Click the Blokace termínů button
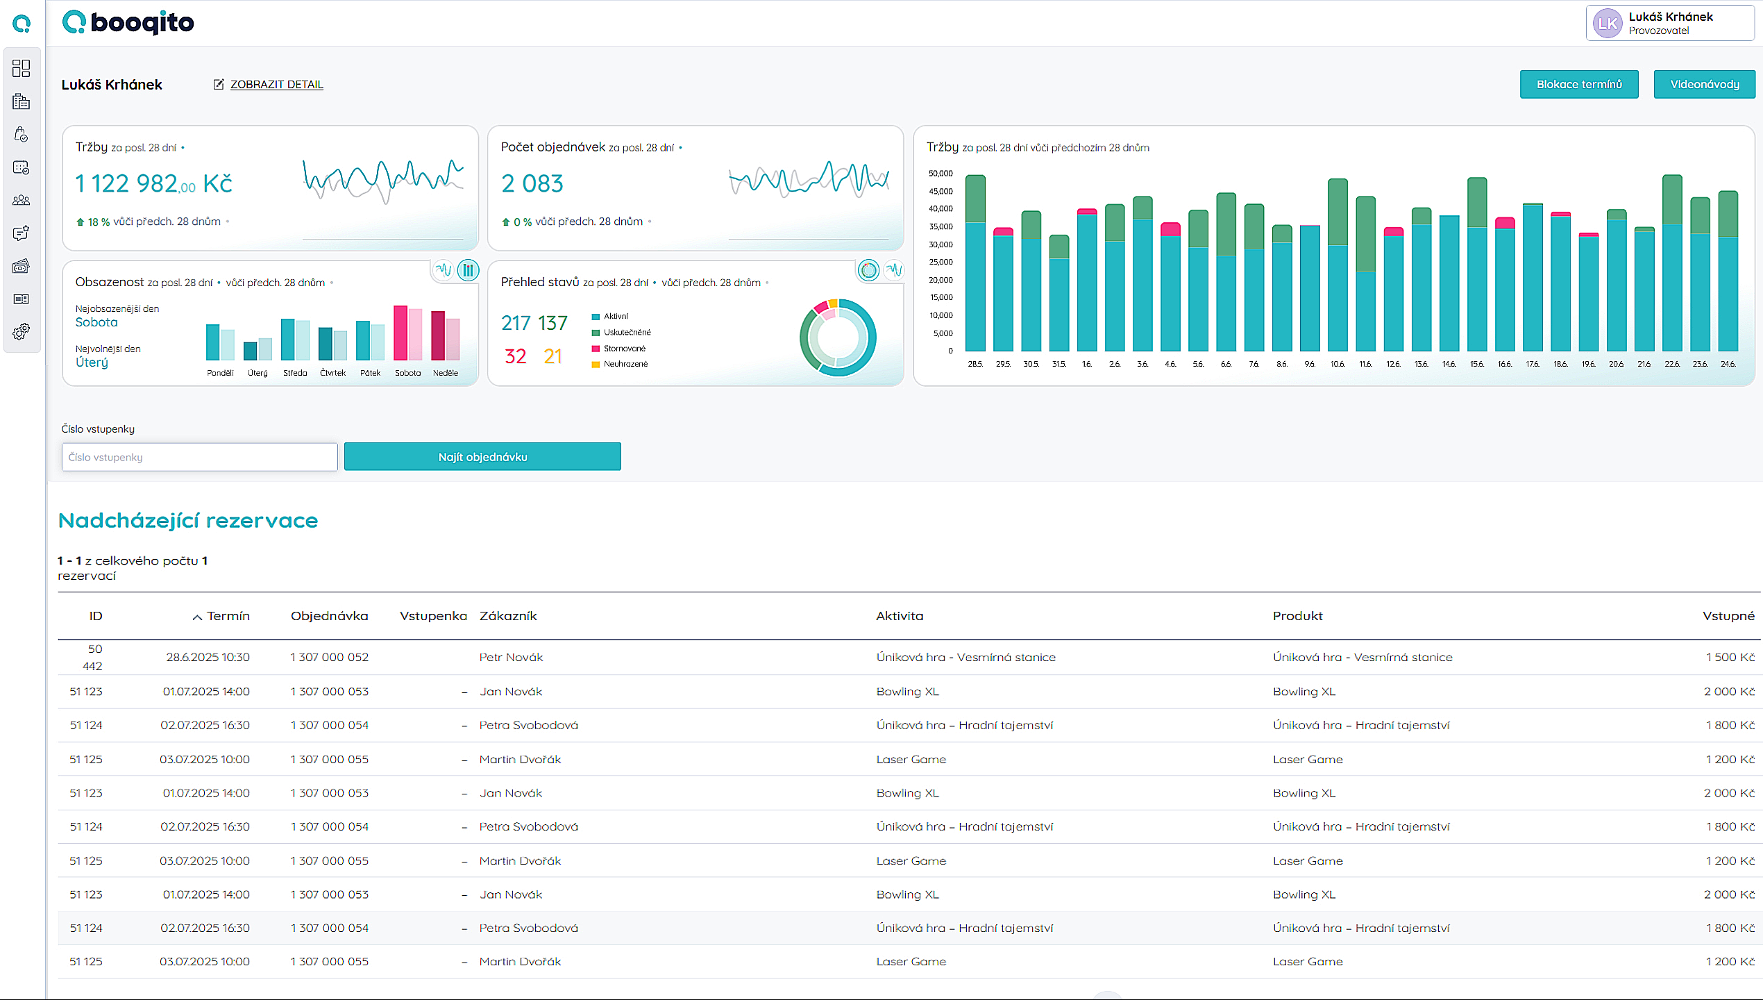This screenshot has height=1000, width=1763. tap(1578, 84)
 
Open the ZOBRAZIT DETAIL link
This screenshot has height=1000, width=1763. tap(276, 84)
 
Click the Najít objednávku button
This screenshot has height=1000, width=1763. tap(482, 457)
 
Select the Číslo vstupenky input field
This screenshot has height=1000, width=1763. tap(199, 457)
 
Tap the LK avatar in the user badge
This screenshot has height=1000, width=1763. tap(1607, 24)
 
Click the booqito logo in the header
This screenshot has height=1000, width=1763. tap(128, 22)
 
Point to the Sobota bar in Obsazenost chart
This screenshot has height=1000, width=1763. tap(400, 333)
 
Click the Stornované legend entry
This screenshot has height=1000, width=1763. tap(623, 349)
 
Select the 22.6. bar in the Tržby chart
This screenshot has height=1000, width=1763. tap(1672, 264)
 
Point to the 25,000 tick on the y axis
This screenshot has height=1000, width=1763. tap(940, 262)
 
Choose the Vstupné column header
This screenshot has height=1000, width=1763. tap(1728, 616)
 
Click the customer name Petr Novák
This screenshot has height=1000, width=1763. tap(511, 657)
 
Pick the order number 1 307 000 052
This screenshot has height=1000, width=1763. tap(329, 657)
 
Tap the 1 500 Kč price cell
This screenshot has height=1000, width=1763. tap(1730, 657)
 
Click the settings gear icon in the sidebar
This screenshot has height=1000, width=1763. tap(22, 331)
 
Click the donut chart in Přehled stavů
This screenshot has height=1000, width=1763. tap(838, 338)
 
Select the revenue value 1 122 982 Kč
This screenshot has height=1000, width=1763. tap(153, 184)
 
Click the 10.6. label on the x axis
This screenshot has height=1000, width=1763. tap(1337, 364)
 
